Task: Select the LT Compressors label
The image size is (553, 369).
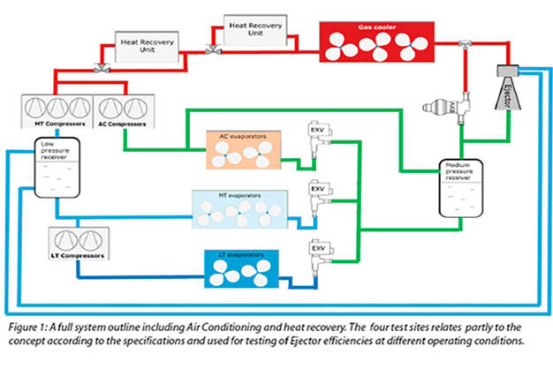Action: click(x=78, y=256)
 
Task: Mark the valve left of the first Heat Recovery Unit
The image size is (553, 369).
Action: click(x=101, y=64)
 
